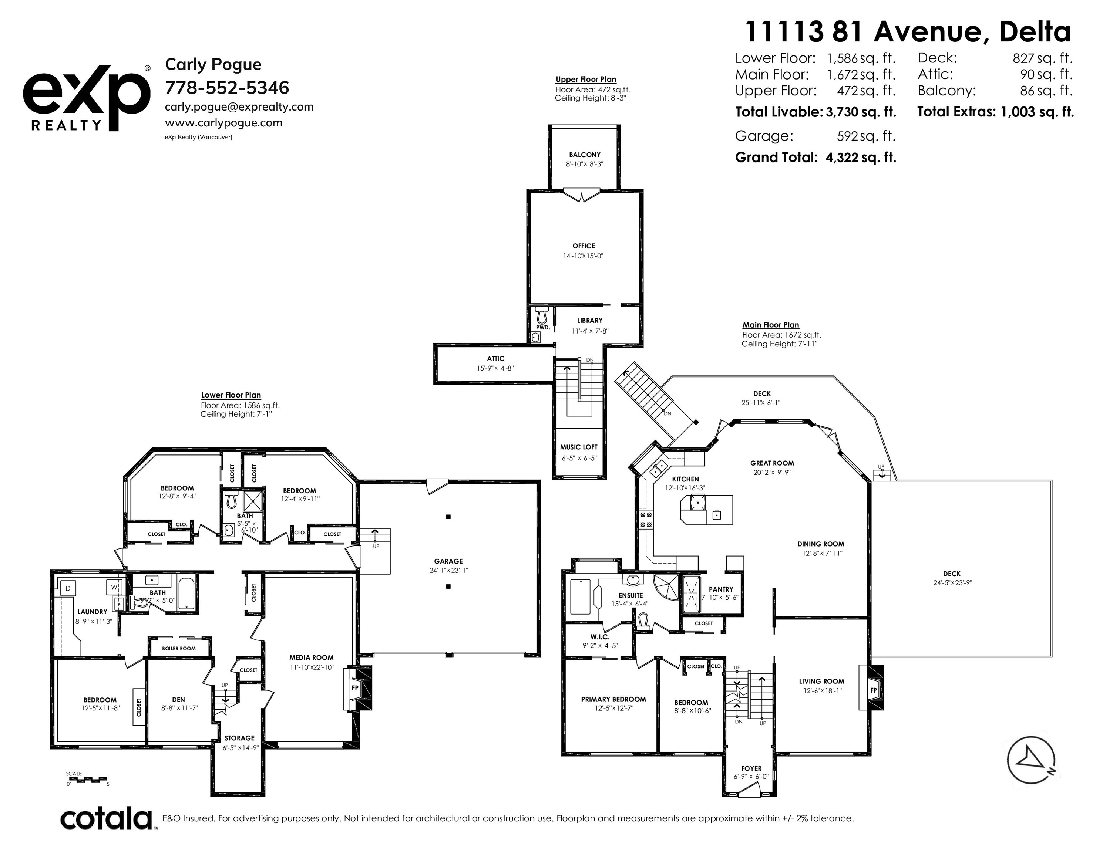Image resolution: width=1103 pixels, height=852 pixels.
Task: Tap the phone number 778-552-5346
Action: pyautogui.click(x=227, y=88)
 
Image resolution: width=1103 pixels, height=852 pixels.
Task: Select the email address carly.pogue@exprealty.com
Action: pyautogui.click(x=239, y=107)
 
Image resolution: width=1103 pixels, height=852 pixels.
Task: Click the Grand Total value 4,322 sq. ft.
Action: pyautogui.click(x=861, y=158)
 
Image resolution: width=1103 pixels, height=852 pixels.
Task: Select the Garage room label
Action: pyautogui.click(x=448, y=561)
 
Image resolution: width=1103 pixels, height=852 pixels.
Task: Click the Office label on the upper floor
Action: pyautogui.click(x=584, y=246)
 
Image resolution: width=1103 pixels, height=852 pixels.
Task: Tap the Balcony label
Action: pyautogui.click(x=585, y=155)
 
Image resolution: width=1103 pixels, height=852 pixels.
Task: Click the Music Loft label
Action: pyautogui.click(x=579, y=447)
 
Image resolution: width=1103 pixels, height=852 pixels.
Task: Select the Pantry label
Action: pyautogui.click(x=721, y=589)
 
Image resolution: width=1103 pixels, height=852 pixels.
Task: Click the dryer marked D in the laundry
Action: pyautogui.click(x=68, y=588)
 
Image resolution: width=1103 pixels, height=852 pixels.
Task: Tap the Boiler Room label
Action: pyautogui.click(x=179, y=649)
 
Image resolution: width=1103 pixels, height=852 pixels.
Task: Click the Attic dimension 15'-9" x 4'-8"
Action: pyautogui.click(x=495, y=368)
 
